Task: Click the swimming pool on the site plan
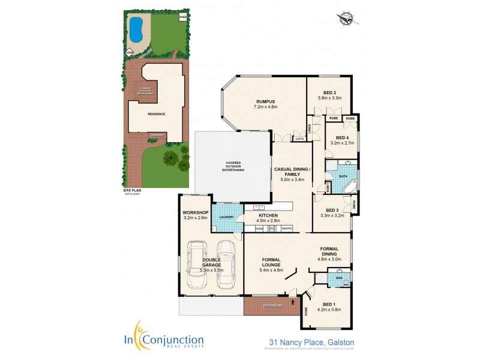(136, 27)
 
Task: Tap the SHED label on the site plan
(182, 17)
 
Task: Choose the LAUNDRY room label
(226, 217)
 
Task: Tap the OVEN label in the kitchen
(260, 229)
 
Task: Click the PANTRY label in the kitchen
(287, 229)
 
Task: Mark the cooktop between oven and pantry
(272, 229)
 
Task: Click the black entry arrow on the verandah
(293, 302)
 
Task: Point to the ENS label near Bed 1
(339, 278)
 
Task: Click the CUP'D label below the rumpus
(298, 139)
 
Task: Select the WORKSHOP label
(195, 212)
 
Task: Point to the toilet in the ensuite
(347, 277)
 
